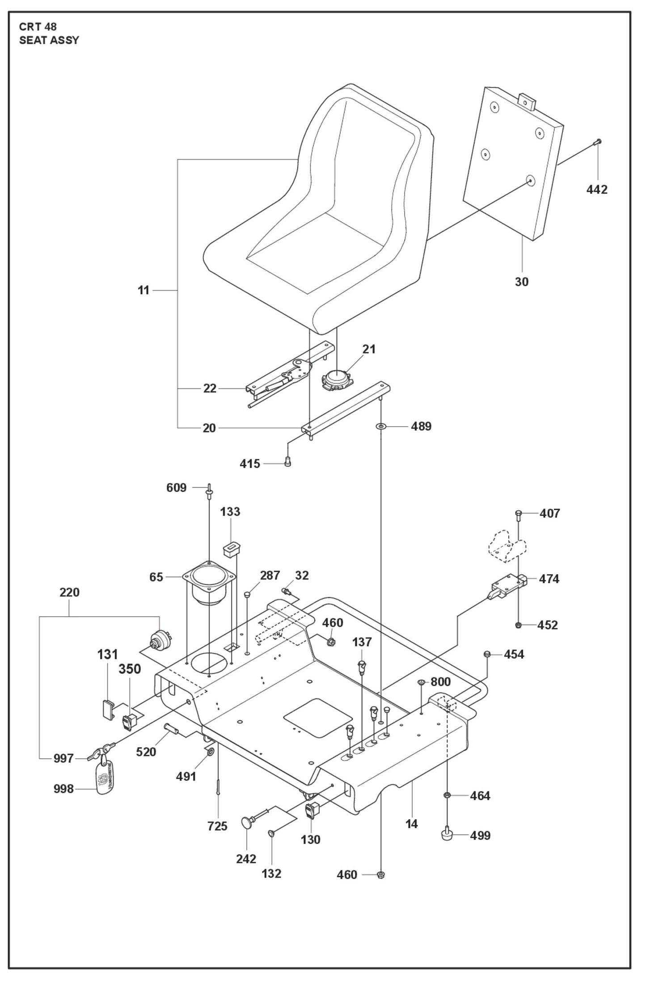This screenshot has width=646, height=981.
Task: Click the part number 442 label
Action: coord(596,190)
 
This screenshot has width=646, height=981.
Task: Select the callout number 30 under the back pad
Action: coord(521,282)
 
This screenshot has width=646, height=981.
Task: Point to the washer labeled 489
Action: coord(380,427)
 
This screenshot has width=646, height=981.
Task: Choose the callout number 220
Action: coord(69,592)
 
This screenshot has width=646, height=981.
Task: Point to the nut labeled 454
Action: coord(487,655)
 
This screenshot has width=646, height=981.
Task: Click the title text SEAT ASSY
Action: coord(49,40)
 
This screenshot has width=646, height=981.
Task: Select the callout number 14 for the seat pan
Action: coord(411,824)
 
